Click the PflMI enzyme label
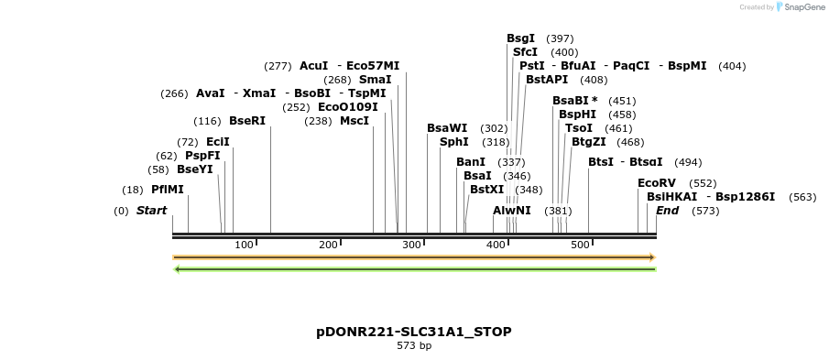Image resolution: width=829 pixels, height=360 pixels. point(168,190)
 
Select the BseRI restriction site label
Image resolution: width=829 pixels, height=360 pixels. point(246,121)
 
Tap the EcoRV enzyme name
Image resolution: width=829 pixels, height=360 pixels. point(656,183)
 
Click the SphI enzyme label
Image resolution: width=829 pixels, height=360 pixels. point(453,142)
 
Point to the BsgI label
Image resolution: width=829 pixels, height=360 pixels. point(520,38)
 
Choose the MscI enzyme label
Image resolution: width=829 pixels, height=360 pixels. point(355,121)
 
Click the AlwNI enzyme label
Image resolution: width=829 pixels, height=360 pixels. point(511,211)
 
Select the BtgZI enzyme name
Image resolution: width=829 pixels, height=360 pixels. point(588,142)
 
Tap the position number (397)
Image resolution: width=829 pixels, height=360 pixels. point(560,38)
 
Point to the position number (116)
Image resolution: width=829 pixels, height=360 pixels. point(207,121)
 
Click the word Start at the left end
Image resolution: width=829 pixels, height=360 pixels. point(152,211)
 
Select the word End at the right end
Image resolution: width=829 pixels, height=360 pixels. point(667,211)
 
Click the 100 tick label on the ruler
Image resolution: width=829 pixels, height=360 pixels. point(244,245)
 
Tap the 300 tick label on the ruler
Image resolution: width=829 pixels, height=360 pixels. point(411,245)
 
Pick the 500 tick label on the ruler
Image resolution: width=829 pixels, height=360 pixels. point(580,245)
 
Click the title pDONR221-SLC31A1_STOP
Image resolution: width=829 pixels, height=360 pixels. point(414,332)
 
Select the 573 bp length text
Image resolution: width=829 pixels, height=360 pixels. point(414,346)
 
